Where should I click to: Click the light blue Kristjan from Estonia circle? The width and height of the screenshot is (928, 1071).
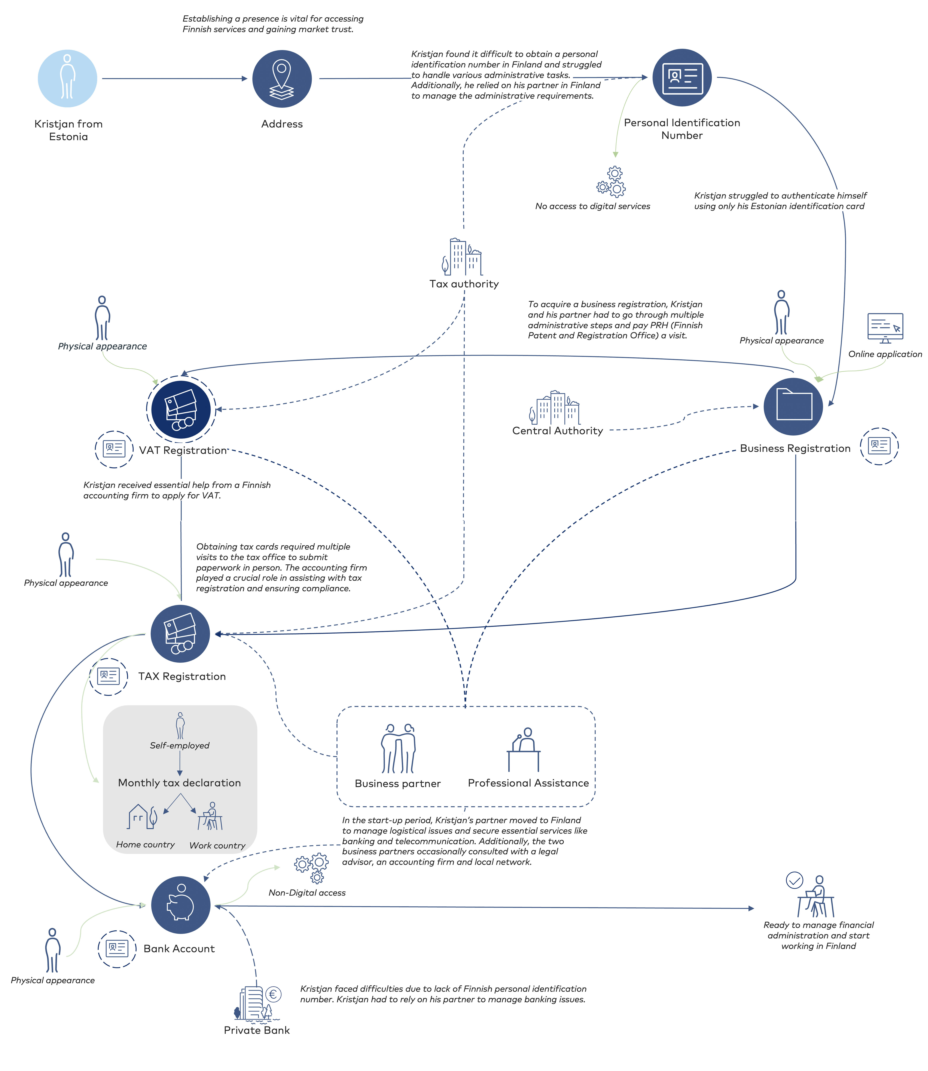(67, 79)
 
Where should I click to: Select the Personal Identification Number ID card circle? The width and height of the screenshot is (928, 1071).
(682, 78)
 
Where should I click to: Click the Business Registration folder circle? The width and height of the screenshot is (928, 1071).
(793, 407)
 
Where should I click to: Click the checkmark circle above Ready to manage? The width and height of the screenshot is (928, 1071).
(794, 880)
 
